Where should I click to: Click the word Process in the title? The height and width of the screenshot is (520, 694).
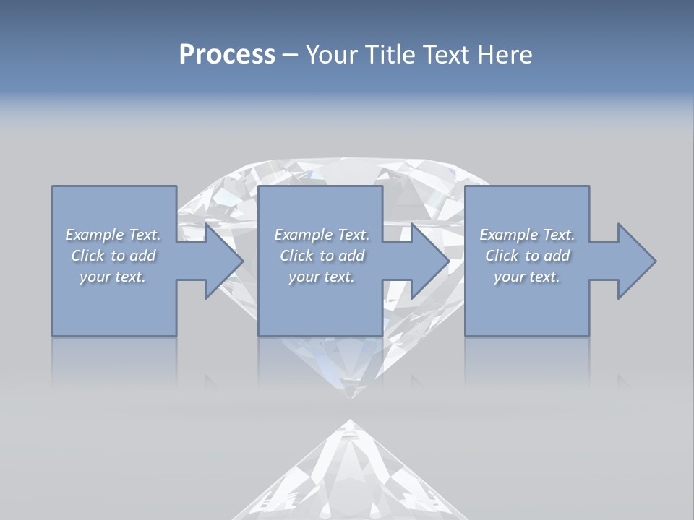227,55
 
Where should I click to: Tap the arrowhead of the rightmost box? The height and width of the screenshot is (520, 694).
635,261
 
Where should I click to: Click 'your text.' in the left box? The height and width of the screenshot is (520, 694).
112,277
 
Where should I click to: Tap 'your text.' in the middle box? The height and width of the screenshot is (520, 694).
321,277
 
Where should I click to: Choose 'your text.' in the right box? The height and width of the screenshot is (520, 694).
526,277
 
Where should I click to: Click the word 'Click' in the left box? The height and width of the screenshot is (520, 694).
87,256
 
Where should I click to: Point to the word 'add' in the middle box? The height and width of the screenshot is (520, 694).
351,256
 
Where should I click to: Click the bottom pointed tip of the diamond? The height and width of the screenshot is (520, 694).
351,396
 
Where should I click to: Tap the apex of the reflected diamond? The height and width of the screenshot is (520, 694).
351,421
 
